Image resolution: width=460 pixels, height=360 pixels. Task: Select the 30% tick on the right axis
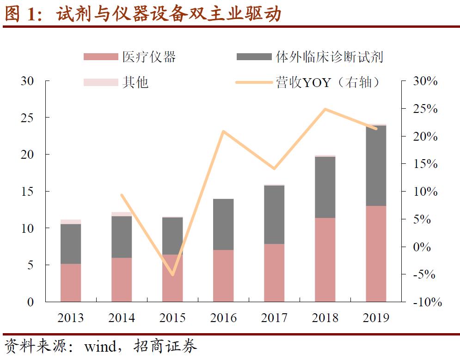424,81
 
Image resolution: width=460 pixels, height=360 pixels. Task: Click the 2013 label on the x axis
71,318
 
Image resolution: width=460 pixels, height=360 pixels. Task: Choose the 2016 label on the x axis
223,318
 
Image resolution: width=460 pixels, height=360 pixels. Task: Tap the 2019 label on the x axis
376,318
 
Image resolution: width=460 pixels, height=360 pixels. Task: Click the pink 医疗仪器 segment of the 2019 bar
376,254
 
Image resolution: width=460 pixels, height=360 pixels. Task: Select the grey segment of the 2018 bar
325,187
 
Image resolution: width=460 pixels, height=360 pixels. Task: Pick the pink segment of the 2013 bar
71,283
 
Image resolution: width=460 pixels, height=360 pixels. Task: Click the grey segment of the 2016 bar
223,224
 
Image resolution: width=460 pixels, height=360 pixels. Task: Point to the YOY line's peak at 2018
325,110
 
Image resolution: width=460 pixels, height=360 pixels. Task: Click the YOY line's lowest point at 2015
173,274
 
